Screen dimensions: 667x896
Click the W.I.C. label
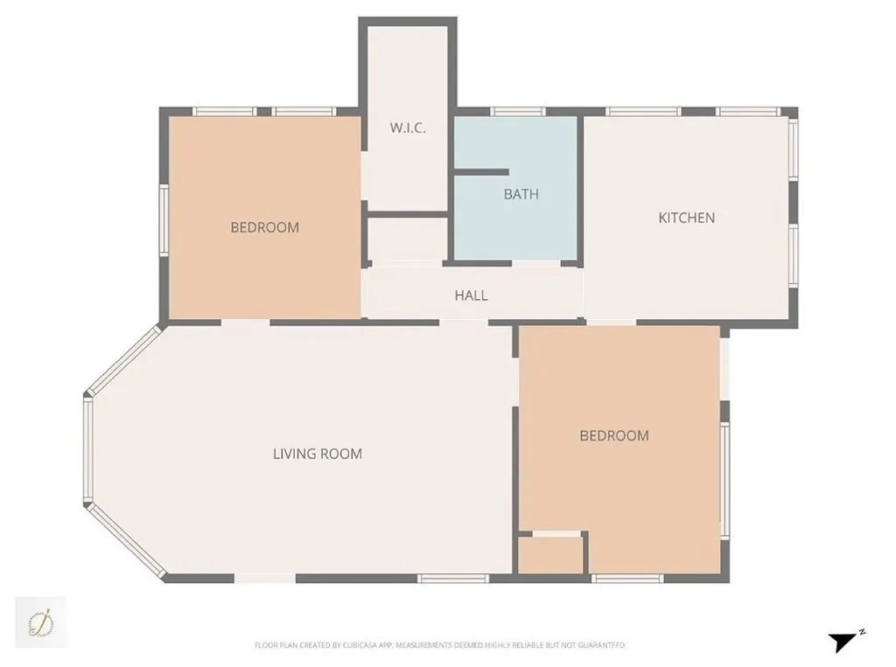click(x=408, y=128)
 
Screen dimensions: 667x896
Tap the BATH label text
click(x=521, y=194)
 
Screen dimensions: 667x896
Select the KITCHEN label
click(x=686, y=218)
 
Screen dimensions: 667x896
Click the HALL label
click(x=471, y=295)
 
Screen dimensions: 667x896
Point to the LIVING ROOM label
click(x=318, y=454)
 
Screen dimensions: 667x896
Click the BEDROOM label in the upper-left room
click(x=264, y=227)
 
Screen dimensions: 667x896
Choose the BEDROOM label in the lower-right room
click(x=614, y=435)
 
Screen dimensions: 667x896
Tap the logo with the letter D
click(x=40, y=622)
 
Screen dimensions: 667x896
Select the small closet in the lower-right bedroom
click(x=551, y=555)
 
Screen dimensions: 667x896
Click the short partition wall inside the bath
click(x=481, y=172)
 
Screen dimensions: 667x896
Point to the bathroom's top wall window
click(x=517, y=112)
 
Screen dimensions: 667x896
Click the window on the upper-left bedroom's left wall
click(x=164, y=219)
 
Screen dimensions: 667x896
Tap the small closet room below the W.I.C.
click(x=407, y=239)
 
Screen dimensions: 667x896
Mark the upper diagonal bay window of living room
click(x=123, y=359)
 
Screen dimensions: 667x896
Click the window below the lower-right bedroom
click(x=627, y=578)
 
